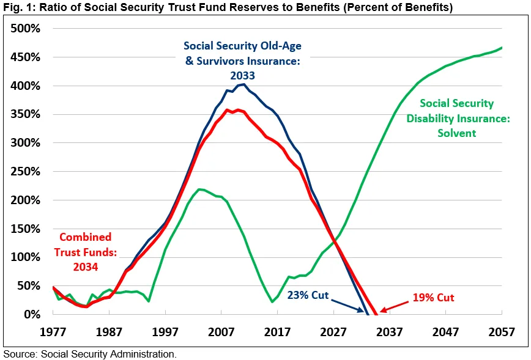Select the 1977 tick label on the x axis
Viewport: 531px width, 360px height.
click(53, 332)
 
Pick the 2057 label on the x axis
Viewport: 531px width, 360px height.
click(502, 332)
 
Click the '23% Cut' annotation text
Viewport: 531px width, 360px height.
click(308, 295)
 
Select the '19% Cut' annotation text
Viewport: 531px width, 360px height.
click(433, 298)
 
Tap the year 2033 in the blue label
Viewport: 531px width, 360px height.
click(243, 76)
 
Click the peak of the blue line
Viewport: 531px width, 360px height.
click(243, 84)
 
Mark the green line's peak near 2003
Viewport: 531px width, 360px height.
click(201, 189)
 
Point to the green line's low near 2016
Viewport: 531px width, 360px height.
click(272, 302)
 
